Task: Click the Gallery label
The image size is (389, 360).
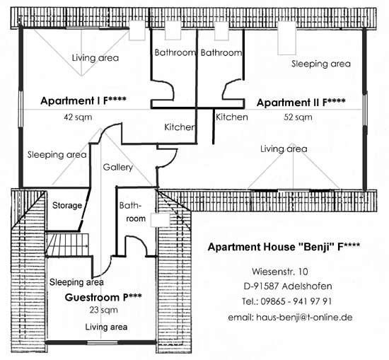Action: [x=118, y=167]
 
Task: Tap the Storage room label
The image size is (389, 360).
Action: [x=67, y=205]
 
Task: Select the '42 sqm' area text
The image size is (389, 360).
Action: [x=78, y=117]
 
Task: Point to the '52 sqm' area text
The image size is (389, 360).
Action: [x=298, y=117]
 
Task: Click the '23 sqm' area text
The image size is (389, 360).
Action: [x=104, y=310]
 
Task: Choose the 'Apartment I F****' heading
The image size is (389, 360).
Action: [x=83, y=100]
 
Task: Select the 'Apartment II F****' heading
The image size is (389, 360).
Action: [x=301, y=103]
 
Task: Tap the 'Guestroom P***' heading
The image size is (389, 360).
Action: [x=103, y=297]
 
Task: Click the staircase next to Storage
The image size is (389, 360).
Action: [x=67, y=244]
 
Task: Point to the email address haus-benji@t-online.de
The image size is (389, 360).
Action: [x=290, y=318]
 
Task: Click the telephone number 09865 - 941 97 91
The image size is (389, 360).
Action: [x=287, y=301]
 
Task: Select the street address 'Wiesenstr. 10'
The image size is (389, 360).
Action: [x=280, y=272]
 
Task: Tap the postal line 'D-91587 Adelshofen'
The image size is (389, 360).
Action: [x=288, y=286]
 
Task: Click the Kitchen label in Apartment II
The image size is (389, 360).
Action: [x=232, y=117]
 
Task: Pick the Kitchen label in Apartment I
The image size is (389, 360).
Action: [x=180, y=127]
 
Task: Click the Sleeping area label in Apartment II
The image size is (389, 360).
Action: [x=321, y=64]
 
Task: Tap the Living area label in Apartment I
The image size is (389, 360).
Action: [x=95, y=58]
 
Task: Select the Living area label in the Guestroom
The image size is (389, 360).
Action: [x=106, y=327]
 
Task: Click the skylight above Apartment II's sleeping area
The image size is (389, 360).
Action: [x=286, y=38]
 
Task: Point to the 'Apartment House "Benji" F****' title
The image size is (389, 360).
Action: [x=284, y=247]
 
